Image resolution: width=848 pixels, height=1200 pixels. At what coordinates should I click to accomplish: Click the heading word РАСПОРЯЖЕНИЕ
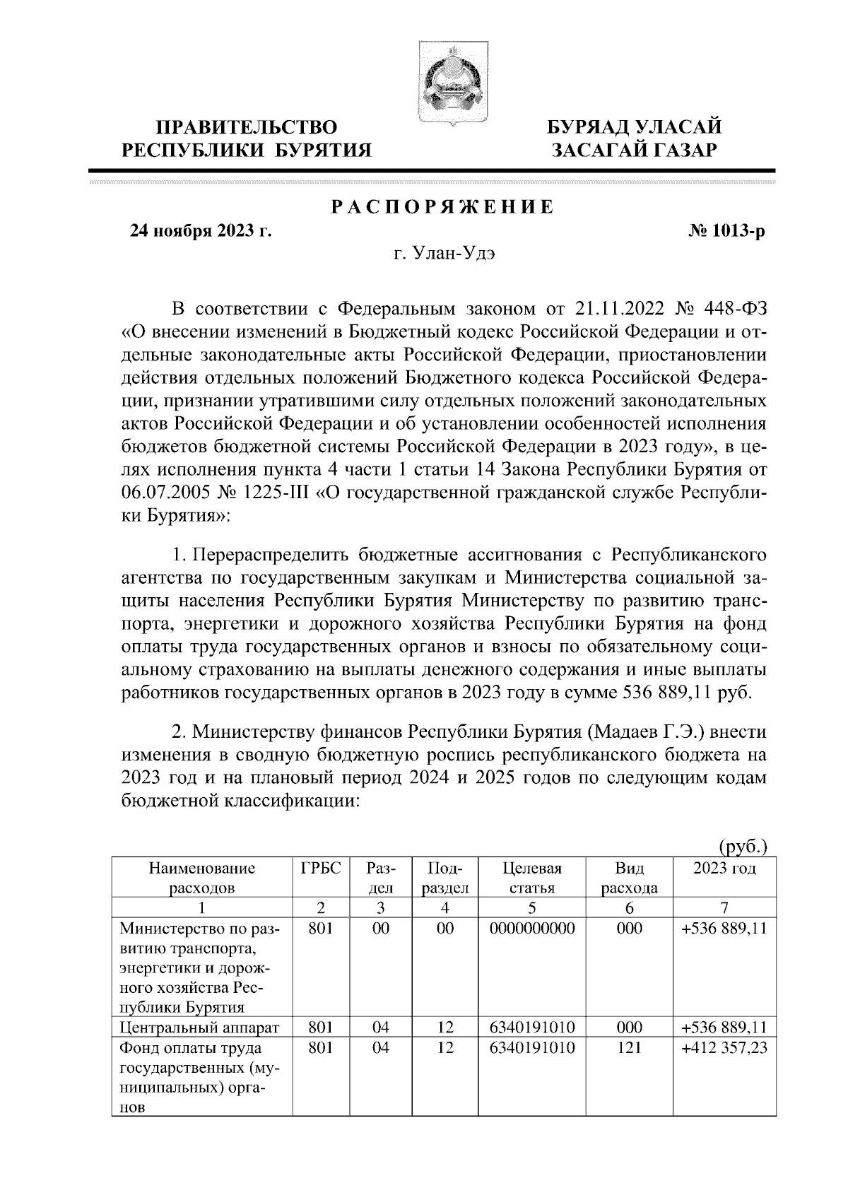[x=442, y=207]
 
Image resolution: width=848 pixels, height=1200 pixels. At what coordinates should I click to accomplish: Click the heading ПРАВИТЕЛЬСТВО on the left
[x=247, y=127]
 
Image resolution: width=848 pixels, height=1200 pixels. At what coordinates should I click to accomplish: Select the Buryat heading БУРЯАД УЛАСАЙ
[x=636, y=127]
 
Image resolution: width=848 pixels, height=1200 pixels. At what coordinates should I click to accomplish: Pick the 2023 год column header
[x=724, y=869]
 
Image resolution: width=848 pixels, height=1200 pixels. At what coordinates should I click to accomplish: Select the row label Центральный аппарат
[x=199, y=1028]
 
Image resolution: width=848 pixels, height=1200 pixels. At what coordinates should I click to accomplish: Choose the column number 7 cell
[x=724, y=909]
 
